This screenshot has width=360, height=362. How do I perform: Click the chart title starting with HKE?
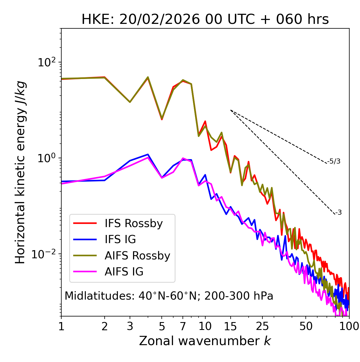(x=205, y=19)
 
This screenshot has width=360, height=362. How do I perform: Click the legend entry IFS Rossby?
(x=134, y=223)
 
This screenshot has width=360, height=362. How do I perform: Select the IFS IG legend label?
(x=120, y=239)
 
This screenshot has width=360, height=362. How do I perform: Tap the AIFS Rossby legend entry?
(x=137, y=256)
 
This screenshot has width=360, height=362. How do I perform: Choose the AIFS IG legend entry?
(x=124, y=272)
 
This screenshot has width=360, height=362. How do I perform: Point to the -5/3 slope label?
(x=334, y=161)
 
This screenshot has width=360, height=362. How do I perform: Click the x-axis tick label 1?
(x=61, y=326)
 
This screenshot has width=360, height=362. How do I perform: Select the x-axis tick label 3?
(x=130, y=326)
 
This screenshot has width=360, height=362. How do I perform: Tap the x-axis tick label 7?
(x=183, y=326)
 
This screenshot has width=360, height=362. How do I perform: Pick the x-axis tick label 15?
(x=230, y=326)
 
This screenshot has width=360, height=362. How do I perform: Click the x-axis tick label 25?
(x=262, y=326)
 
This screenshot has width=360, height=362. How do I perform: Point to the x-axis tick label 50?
(x=306, y=326)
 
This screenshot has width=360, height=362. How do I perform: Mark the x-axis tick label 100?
(x=349, y=326)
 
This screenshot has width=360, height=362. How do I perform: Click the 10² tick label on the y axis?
(x=47, y=62)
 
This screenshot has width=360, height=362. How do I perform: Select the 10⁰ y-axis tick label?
(x=47, y=158)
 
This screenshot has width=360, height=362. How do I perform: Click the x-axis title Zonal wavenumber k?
(x=205, y=341)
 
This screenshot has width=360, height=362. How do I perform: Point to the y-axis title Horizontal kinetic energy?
(x=20, y=172)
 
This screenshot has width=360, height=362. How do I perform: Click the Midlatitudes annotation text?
(x=169, y=296)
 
